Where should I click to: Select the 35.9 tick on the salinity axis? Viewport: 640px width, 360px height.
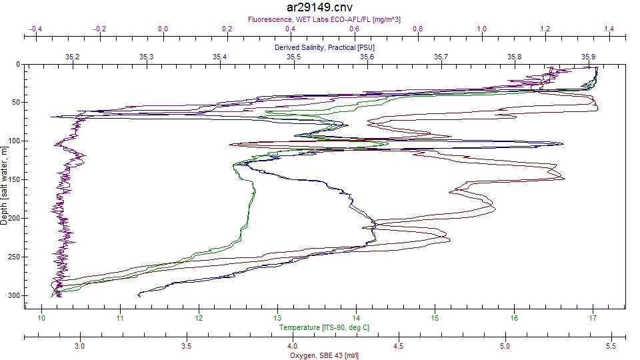[588, 57]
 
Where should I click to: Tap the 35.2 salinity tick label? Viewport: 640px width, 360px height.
[73, 57]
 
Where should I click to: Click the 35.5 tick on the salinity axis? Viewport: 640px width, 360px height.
[293, 57]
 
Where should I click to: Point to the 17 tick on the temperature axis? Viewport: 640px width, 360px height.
[593, 318]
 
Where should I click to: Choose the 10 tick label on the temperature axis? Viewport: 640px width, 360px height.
[41, 318]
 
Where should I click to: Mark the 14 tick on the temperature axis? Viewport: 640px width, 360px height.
[357, 318]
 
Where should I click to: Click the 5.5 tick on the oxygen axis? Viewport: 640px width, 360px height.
[611, 346]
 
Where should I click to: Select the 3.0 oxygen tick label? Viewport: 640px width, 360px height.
[80, 346]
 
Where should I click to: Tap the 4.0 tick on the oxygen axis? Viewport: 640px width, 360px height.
[292, 346]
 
